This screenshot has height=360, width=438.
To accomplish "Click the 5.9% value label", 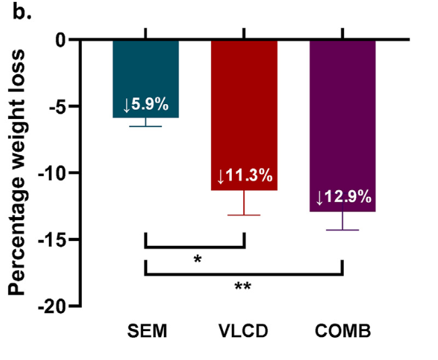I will tap(146, 105).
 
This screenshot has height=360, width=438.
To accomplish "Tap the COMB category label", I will tap(343, 332).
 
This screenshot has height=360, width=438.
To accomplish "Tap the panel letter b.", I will tap(19, 11).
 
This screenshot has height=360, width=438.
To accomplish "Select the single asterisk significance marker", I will tap(198, 259).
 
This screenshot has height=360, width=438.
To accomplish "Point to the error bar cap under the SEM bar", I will tap(146, 126).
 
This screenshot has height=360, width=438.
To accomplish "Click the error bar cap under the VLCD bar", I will tap(245, 215).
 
